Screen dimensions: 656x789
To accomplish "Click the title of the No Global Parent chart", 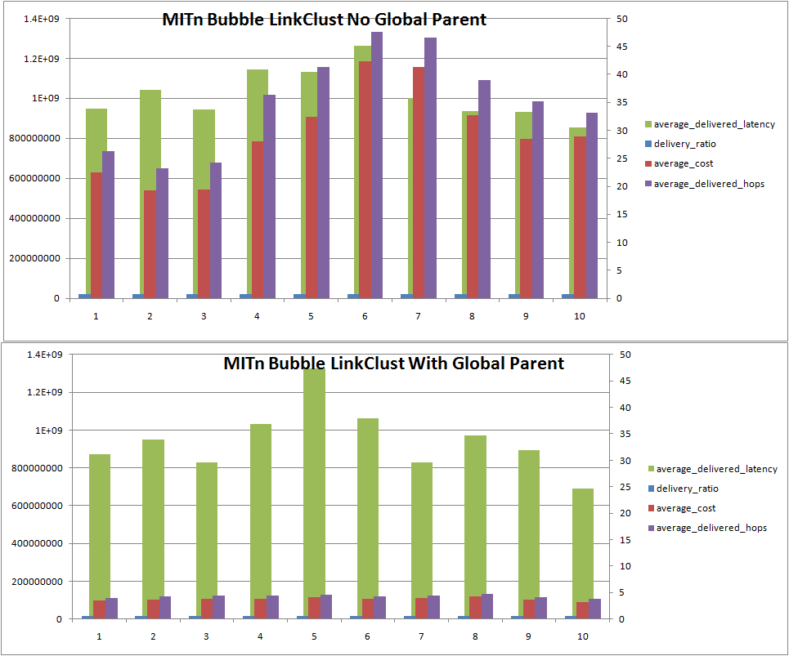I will [x=324, y=20].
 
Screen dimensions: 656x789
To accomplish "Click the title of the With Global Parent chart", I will [x=393, y=364].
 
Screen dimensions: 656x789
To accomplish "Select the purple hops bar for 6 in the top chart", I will [x=377, y=163].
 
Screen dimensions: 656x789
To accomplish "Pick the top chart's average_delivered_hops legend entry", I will [x=710, y=184].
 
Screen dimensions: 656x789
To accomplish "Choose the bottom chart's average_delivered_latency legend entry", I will [x=716, y=469].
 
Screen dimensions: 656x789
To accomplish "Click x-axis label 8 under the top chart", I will [x=472, y=316].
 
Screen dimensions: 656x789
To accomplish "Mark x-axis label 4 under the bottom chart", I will [x=260, y=636].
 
